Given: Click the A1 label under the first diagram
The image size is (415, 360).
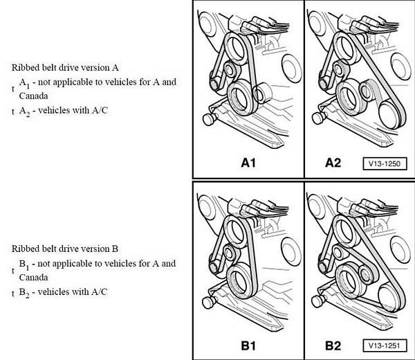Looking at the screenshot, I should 248,163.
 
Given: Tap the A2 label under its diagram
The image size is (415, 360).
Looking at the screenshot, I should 333,163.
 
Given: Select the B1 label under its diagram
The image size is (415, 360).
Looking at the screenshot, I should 248,345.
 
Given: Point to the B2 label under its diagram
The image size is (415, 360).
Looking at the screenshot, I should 333,345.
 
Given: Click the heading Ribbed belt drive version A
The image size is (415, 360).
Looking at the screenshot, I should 66,68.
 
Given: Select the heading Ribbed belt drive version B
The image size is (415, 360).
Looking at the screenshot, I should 66,249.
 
